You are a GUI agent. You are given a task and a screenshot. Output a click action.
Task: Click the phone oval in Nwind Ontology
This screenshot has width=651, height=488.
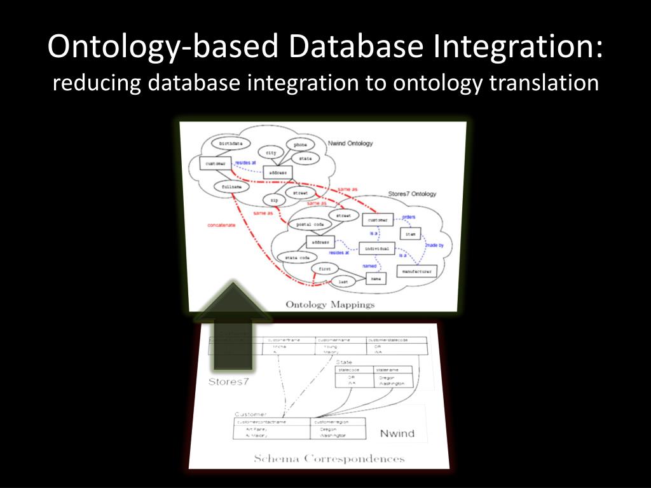tap(300, 145)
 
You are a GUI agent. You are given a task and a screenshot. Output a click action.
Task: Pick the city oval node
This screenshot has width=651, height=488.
tap(271, 153)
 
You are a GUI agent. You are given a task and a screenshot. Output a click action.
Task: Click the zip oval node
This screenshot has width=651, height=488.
tap(274, 200)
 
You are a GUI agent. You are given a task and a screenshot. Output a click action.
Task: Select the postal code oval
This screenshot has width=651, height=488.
tap(310, 224)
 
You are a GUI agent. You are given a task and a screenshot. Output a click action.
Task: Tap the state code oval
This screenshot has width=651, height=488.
tap(297, 257)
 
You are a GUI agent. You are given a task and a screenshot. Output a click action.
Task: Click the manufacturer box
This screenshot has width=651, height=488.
tap(416, 271)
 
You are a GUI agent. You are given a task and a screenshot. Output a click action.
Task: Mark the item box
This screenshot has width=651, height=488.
tap(410, 234)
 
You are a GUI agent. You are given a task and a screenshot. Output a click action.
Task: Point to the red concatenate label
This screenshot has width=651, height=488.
tap(221, 225)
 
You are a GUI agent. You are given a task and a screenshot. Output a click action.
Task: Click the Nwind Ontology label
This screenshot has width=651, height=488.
tap(350, 144)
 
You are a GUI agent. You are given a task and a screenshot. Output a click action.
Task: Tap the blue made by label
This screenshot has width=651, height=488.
tap(434, 245)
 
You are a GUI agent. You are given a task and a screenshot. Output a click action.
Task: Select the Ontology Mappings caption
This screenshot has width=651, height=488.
tap(330, 304)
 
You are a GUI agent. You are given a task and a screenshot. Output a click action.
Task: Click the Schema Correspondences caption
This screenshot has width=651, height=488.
tap(329, 458)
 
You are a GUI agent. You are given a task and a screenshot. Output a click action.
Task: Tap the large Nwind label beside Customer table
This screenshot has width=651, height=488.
tap(397, 433)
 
